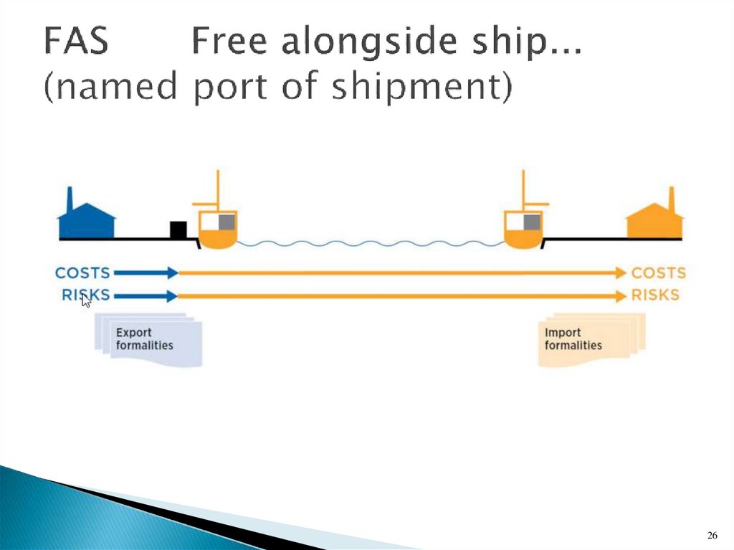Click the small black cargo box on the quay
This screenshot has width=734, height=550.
point(178,230)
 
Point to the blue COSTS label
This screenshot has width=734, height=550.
point(82,272)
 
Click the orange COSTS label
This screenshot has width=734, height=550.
point(658,273)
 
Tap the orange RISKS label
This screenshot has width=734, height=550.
point(655,295)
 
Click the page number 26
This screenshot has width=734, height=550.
point(712,535)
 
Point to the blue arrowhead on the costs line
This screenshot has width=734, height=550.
point(172,272)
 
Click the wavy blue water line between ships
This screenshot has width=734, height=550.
point(370,244)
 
